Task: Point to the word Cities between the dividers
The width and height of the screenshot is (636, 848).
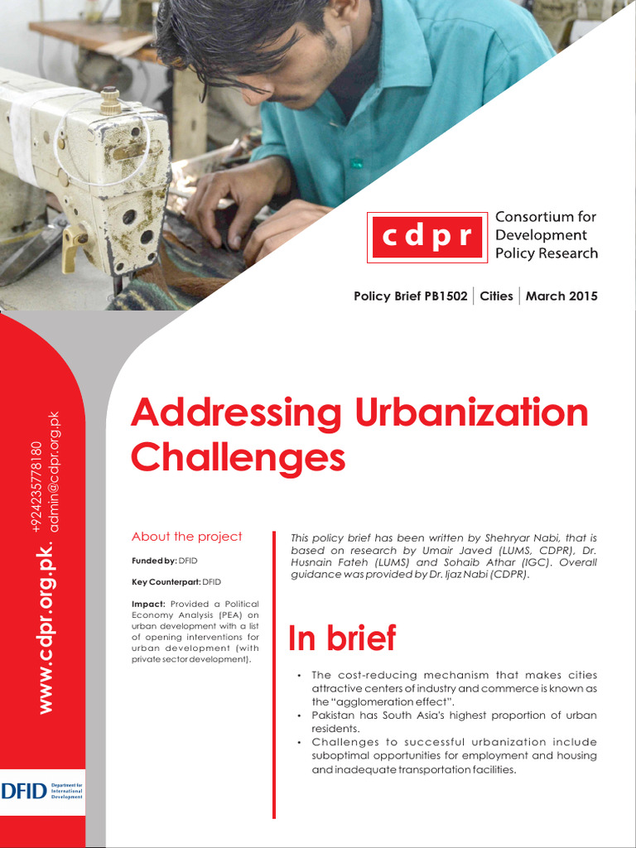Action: [497, 296]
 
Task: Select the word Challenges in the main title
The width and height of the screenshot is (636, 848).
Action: [238, 457]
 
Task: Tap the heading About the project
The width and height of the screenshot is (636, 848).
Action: [187, 537]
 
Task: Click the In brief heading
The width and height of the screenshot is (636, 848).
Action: [341, 638]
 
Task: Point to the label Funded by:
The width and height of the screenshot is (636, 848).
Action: [154, 561]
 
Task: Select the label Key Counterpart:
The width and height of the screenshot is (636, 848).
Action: [166, 582]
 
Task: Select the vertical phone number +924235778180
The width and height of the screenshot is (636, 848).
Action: [36, 489]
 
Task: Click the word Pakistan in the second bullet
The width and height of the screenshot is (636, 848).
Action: [336, 715]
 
